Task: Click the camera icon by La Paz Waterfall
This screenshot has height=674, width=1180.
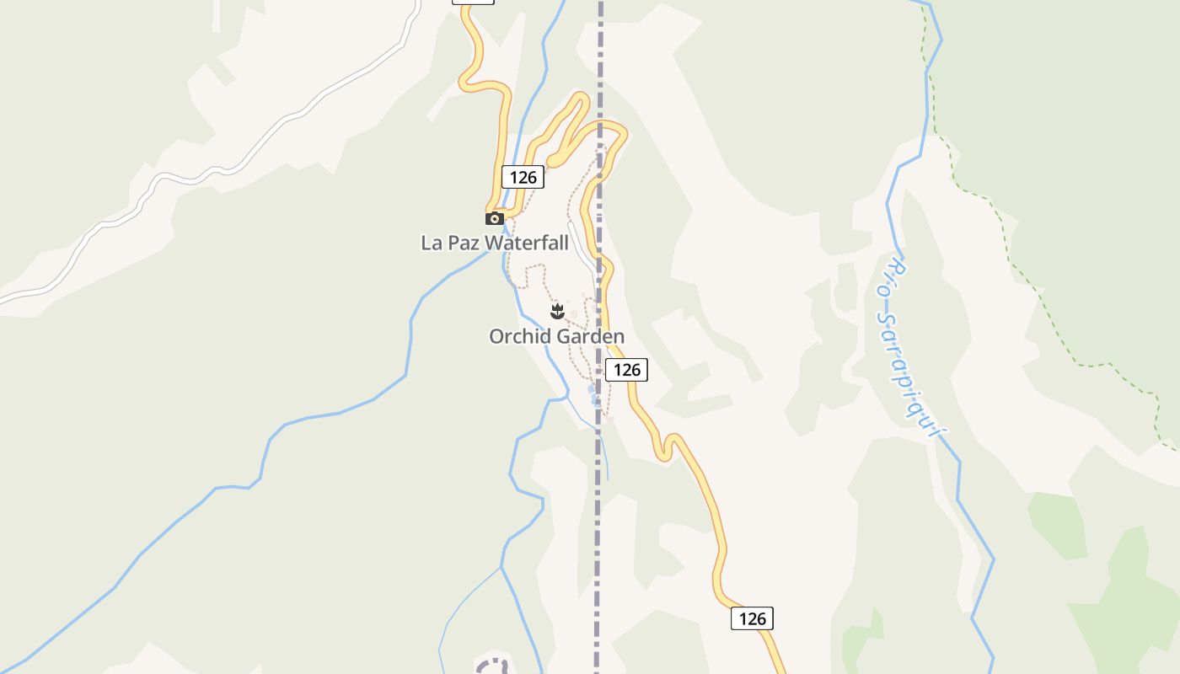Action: [495, 219]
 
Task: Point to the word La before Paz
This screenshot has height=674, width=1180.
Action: [432, 243]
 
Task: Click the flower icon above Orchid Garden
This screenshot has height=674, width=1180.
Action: [557, 312]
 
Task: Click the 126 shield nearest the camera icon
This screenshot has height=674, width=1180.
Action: [523, 177]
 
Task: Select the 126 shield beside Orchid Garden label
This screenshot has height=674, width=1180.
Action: [626, 370]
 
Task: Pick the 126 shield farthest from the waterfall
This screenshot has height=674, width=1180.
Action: [752, 618]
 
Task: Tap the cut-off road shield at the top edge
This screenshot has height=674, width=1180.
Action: [473, 3]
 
